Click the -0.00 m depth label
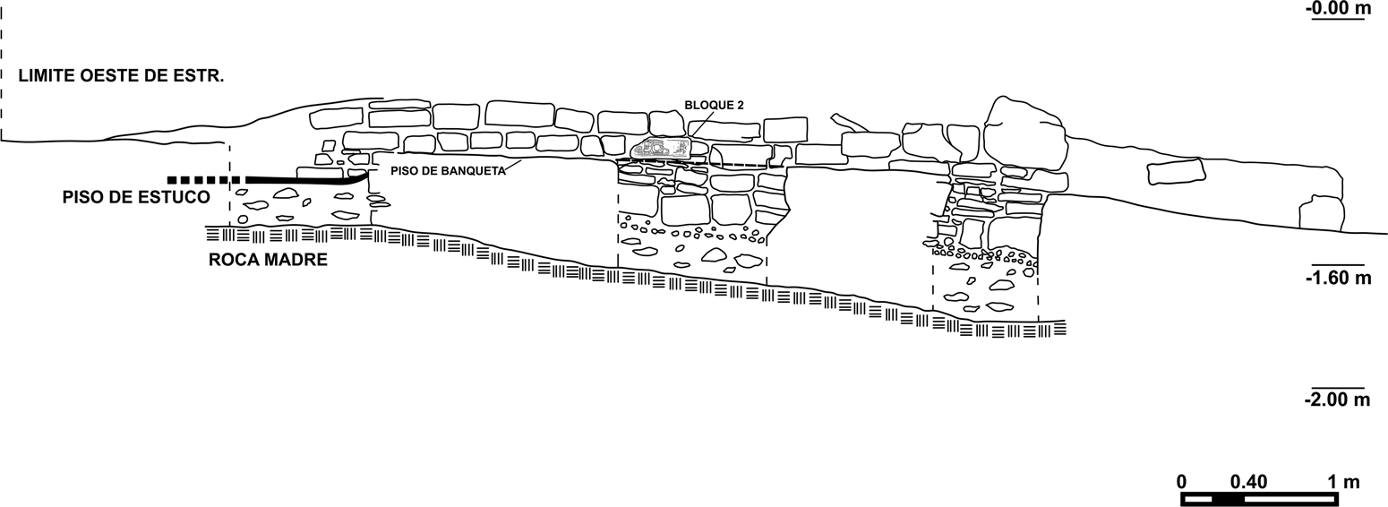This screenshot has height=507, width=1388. click(x=1338, y=9)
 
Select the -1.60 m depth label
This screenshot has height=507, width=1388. click(x=1338, y=278)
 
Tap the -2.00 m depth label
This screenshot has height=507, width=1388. click(x=1338, y=400)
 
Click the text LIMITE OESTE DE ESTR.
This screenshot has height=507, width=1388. click(x=121, y=76)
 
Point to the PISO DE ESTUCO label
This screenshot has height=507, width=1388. click(x=136, y=197)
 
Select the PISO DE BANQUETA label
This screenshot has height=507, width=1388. click(x=448, y=171)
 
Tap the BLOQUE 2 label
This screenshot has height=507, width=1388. click(x=715, y=105)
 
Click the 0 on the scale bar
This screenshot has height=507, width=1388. click(x=1182, y=482)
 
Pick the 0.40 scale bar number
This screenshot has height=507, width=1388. click(x=1248, y=482)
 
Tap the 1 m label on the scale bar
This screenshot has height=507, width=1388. click(x=1343, y=482)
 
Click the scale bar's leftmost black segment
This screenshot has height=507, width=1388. click(x=1196, y=499)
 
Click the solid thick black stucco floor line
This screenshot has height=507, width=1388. click(x=304, y=181)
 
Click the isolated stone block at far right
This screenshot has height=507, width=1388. click(x=1175, y=171)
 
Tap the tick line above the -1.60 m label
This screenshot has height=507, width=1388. click(x=1338, y=265)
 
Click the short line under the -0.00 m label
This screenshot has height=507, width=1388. click(x=1338, y=19)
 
